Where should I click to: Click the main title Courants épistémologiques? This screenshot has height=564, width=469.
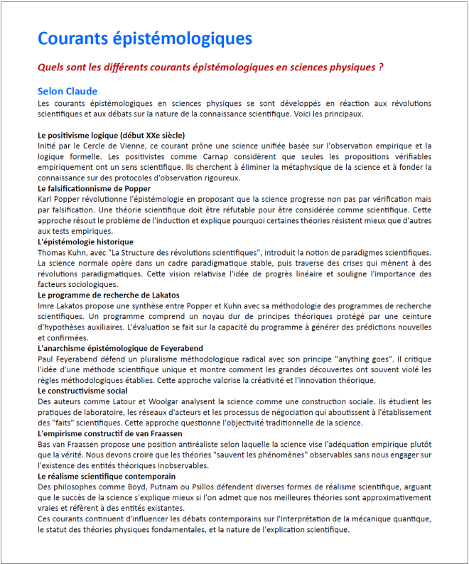point(144,38)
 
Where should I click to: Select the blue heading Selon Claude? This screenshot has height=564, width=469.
point(68,92)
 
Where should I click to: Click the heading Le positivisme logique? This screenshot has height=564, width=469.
point(112,134)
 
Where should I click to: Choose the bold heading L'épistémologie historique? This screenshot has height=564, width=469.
point(85,242)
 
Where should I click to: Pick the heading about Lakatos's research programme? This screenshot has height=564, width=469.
point(108,295)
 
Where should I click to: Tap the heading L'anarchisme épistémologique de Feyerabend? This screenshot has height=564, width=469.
point(120,348)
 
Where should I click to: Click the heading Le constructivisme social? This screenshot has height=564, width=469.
point(82,391)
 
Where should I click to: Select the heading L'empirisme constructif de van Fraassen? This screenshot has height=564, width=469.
point(110,433)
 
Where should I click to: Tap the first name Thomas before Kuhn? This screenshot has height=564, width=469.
point(52,252)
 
